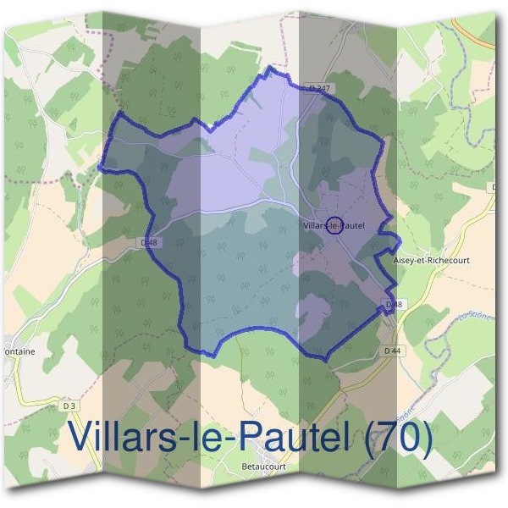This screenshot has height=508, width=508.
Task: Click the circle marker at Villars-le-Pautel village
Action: tap(334, 225)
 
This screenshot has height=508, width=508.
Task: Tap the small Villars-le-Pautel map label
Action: tap(334, 225)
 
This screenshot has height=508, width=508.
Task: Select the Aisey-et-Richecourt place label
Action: tap(432, 260)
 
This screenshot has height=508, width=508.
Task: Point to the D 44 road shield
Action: tap(391, 350)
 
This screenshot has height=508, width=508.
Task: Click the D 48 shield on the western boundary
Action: tap(149, 243)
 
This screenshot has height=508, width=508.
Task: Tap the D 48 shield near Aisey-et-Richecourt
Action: tap(392, 303)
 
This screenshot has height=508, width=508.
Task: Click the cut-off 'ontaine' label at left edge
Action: tap(17, 351)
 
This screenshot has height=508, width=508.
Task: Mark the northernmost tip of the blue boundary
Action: tap(270, 67)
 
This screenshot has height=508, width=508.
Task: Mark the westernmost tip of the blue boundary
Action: tap(100, 167)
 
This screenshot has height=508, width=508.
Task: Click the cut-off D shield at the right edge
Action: tap(492, 186)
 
